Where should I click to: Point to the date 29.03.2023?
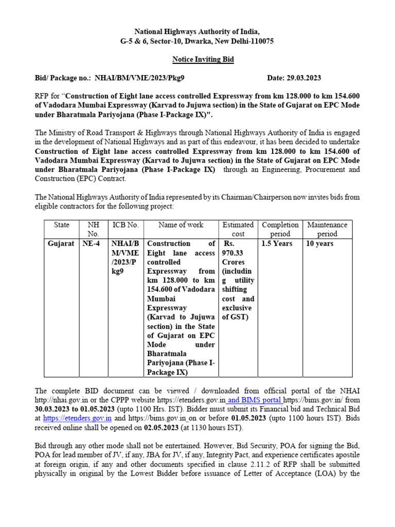(302, 78)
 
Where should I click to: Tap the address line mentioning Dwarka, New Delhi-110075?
(197, 41)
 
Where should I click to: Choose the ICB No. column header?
(125, 225)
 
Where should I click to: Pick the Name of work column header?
(181, 225)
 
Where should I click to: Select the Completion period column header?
(280, 230)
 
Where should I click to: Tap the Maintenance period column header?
(327, 230)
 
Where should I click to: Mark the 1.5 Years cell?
(277, 243)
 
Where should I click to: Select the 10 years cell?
(319, 243)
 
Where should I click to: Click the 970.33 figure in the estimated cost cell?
(233, 253)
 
